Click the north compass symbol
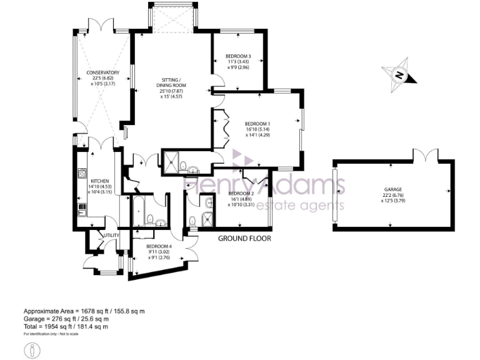tap(398, 74)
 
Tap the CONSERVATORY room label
tap(102, 72)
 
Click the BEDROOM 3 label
tap(238, 56)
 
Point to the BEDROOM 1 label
tap(257, 124)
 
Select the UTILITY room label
tap(111, 235)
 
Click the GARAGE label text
tap(393, 189)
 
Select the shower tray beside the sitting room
tap(171, 161)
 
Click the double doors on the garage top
tap(424, 154)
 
